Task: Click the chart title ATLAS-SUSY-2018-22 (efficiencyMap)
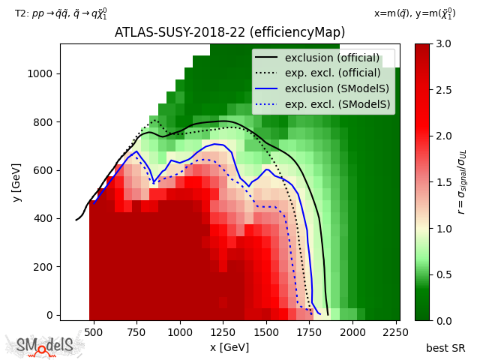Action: pyautogui.click(x=229, y=32)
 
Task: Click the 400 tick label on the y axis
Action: pyautogui.click(x=46, y=218)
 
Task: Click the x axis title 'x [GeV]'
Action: pyautogui.click(x=229, y=347)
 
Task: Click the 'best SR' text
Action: pyautogui.click(x=445, y=348)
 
